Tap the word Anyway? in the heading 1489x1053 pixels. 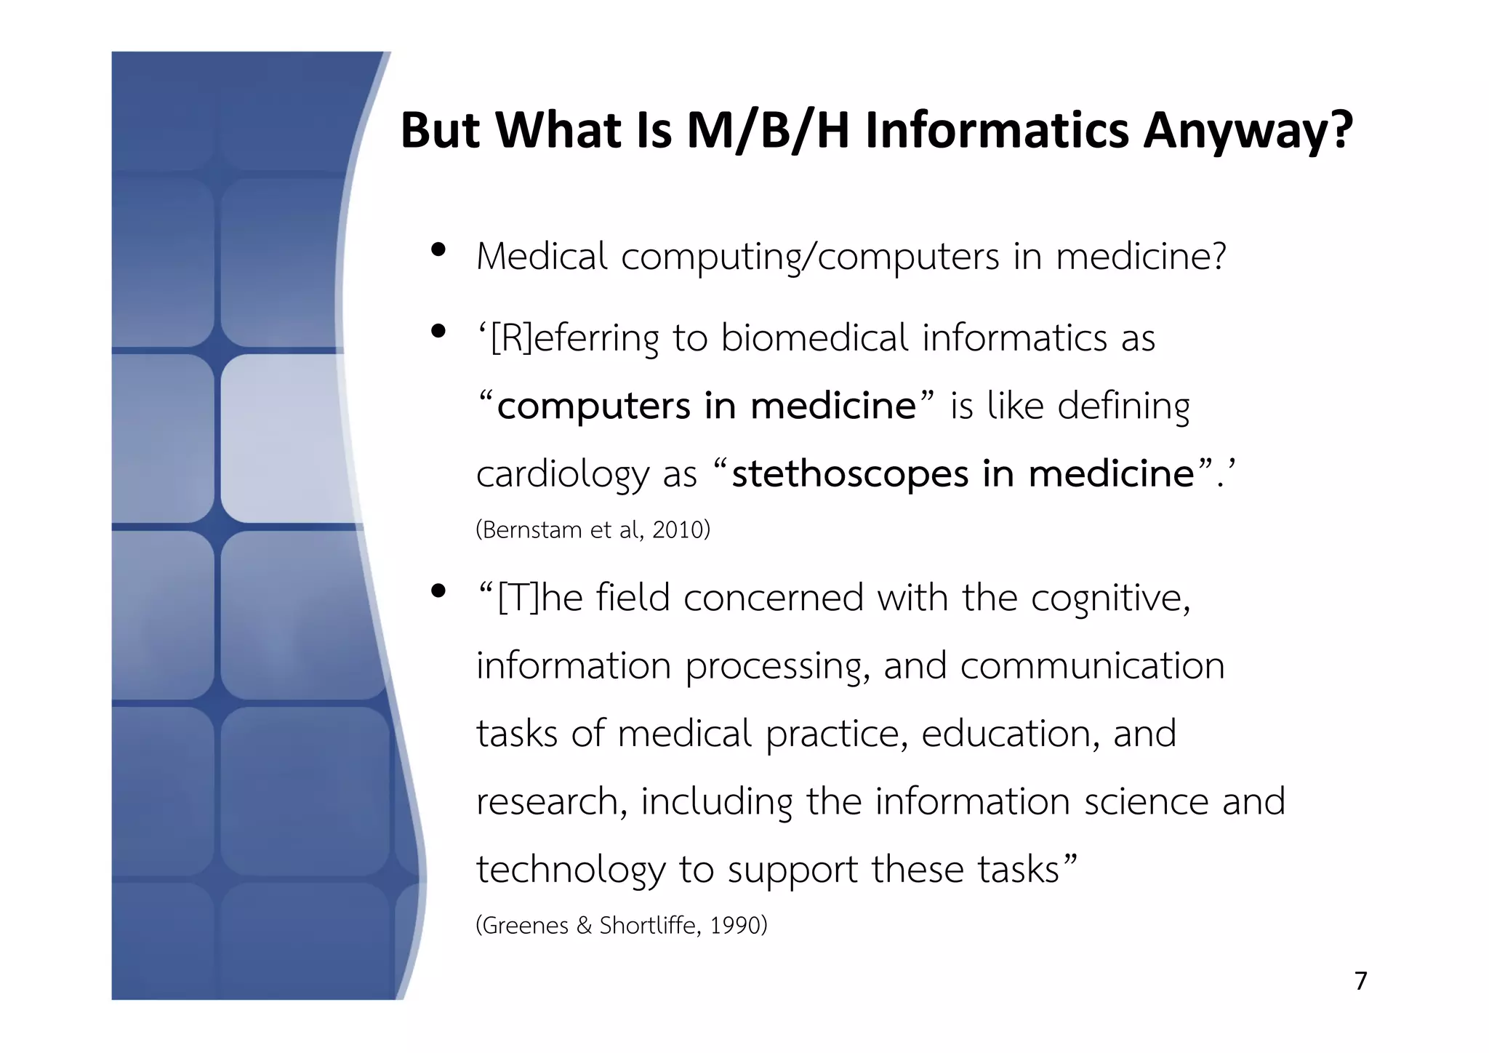click(1248, 132)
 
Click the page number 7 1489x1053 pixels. click(1361, 981)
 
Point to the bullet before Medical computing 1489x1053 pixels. click(438, 251)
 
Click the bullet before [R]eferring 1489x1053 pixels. click(438, 332)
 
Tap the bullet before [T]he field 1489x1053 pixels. click(438, 591)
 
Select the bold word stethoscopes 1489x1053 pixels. click(851, 474)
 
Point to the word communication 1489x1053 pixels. click(1092, 666)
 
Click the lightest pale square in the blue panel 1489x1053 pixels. click(280, 439)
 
